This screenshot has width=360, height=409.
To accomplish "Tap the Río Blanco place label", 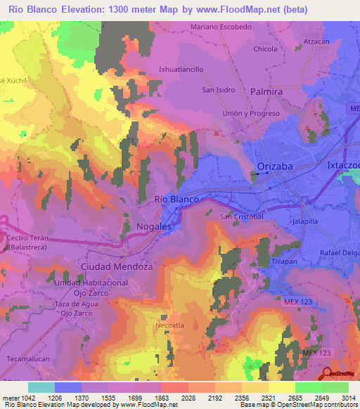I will click(176, 200).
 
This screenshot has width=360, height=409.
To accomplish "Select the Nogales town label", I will click(154, 227).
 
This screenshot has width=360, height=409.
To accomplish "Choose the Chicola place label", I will click(266, 49).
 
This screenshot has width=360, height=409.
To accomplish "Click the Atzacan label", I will click(316, 41).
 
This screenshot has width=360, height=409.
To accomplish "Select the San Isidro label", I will click(218, 90).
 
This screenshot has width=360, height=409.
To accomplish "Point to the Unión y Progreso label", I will click(251, 114).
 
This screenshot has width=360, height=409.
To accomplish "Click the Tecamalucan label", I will click(27, 359).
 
